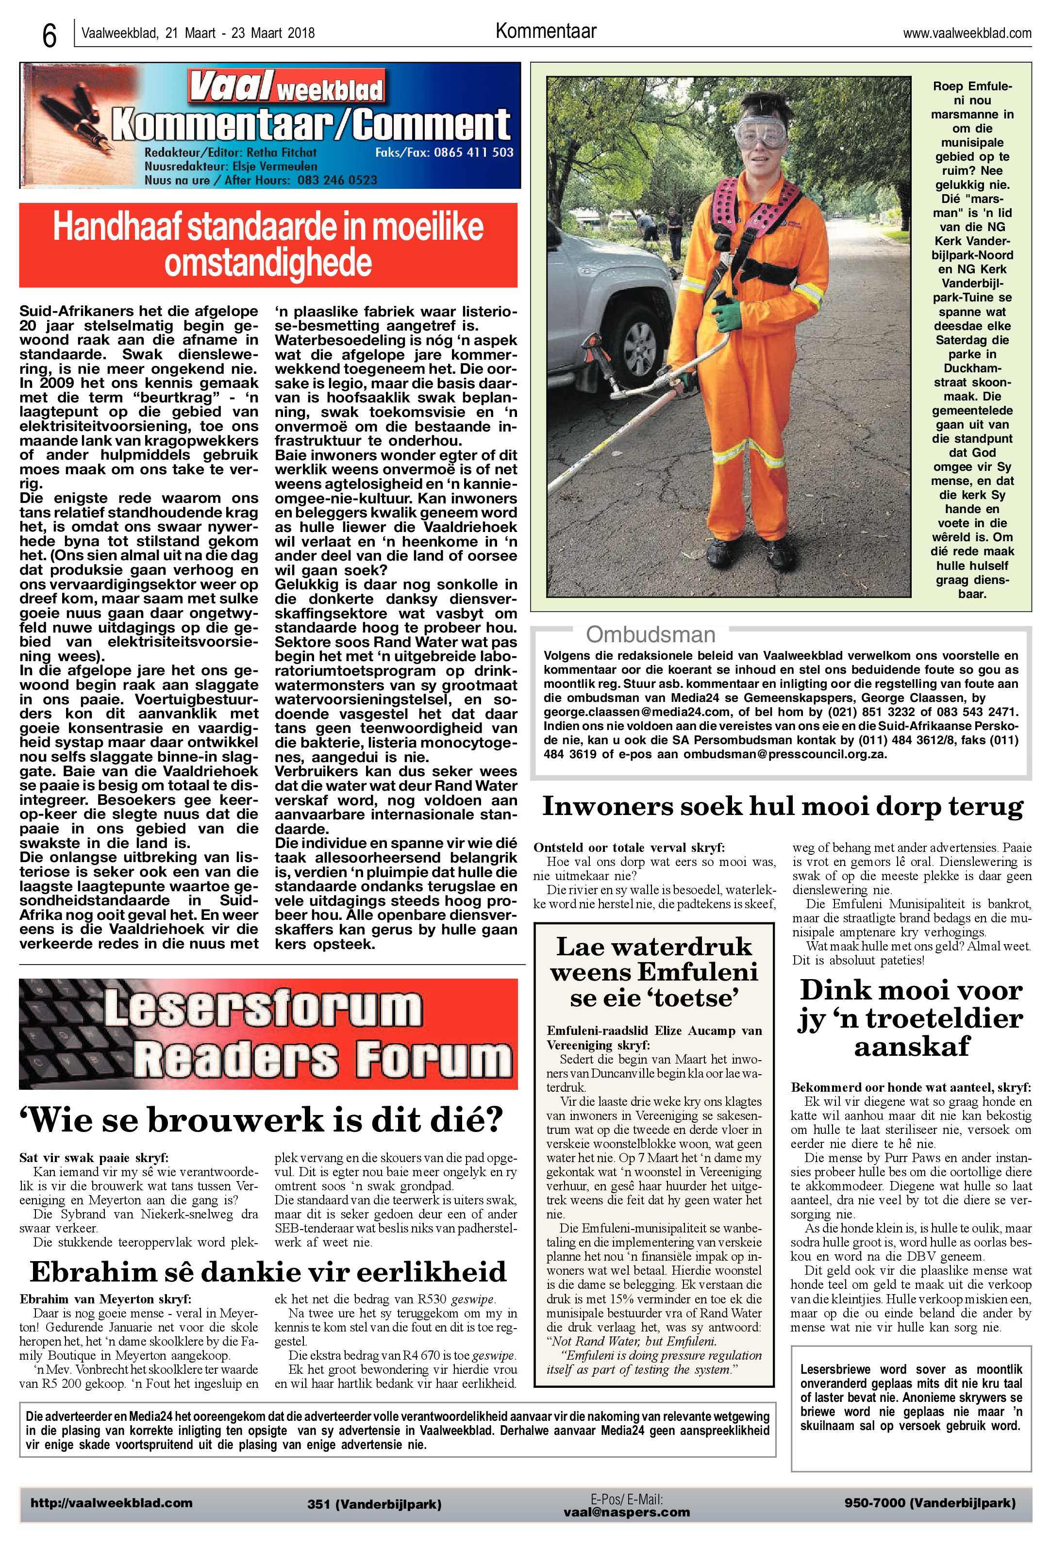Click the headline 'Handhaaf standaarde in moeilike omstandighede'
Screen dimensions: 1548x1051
coord(268,245)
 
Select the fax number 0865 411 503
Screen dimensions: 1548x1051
coord(473,152)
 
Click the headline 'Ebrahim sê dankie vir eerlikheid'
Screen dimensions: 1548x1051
coord(268,1272)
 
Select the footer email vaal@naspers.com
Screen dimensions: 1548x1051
coord(626,1512)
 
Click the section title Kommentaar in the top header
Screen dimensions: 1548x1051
coord(546,31)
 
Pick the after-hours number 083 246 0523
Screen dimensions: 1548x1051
coord(336,180)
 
